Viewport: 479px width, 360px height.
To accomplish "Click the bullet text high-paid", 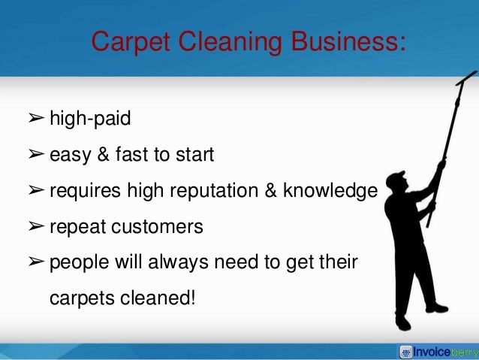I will point(90,118).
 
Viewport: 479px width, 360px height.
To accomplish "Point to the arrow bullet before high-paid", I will point(35,118).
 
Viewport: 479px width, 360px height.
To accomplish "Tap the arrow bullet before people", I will point(35,262).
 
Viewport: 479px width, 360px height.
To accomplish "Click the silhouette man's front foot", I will point(436,307).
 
